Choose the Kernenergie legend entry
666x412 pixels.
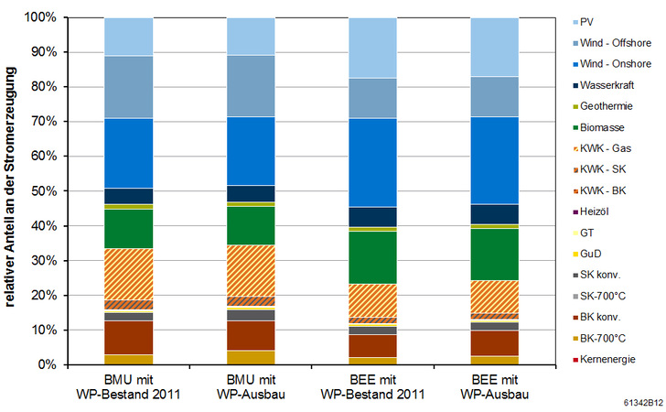pyautogui.click(x=618, y=359)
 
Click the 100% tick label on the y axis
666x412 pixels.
pyautogui.click(x=41, y=18)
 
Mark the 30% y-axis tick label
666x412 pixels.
pyautogui.click(x=44, y=261)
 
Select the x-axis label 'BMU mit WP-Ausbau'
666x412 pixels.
pyautogui.click(x=252, y=387)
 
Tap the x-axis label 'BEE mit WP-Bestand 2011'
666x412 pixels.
pyautogui.click(x=373, y=387)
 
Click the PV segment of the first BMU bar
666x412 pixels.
pyautogui.click(x=129, y=37)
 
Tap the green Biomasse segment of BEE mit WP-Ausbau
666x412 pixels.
pyautogui.click(x=495, y=254)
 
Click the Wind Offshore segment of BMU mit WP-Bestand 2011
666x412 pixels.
pyautogui.click(x=129, y=87)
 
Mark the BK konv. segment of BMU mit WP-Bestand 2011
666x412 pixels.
pyautogui.click(x=129, y=337)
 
